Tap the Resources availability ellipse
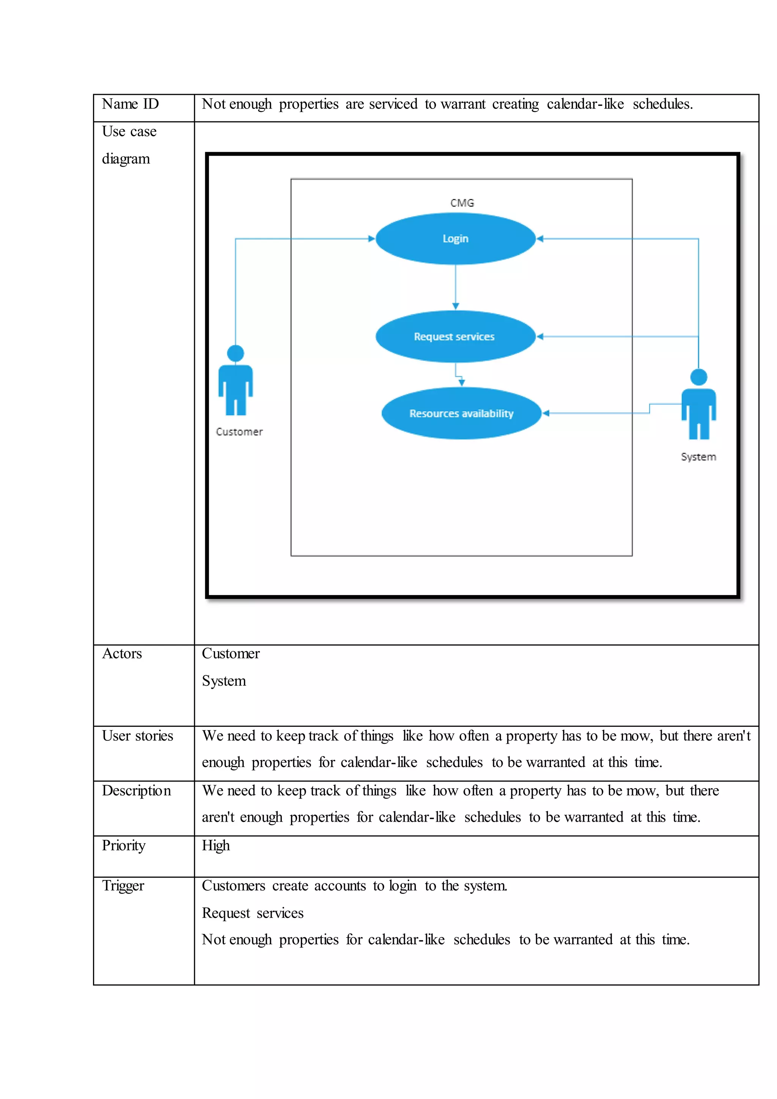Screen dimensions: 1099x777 [x=461, y=413]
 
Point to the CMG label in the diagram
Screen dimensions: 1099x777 [x=462, y=203]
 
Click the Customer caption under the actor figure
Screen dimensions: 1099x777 [x=239, y=432]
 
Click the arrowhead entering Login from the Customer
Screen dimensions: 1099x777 [x=371, y=238]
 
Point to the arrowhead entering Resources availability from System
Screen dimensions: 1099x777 [x=546, y=413]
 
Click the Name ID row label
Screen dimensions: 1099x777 [x=130, y=104]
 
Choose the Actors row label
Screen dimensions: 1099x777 [x=122, y=653]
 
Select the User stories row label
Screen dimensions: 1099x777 [x=137, y=736]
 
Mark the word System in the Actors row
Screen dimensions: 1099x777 [x=224, y=681]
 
